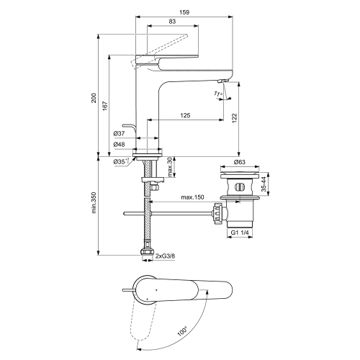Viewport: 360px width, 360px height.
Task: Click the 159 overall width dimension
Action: (x=184, y=12)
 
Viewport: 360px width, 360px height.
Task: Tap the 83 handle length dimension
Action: (x=172, y=22)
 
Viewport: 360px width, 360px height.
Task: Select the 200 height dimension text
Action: (x=94, y=98)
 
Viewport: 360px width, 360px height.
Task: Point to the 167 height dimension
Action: (x=105, y=106)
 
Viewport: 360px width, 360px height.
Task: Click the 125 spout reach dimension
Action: (x=185, y=115)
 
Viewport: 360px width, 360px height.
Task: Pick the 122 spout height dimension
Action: (x=234, y=118)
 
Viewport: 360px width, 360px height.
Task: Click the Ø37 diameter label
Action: (x=119, y=134)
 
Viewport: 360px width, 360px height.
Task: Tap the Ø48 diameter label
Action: (x=119, y=145)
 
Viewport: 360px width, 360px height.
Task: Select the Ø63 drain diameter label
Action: (x=240, y=162)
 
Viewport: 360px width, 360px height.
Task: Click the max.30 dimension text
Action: (x=170, y=167)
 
